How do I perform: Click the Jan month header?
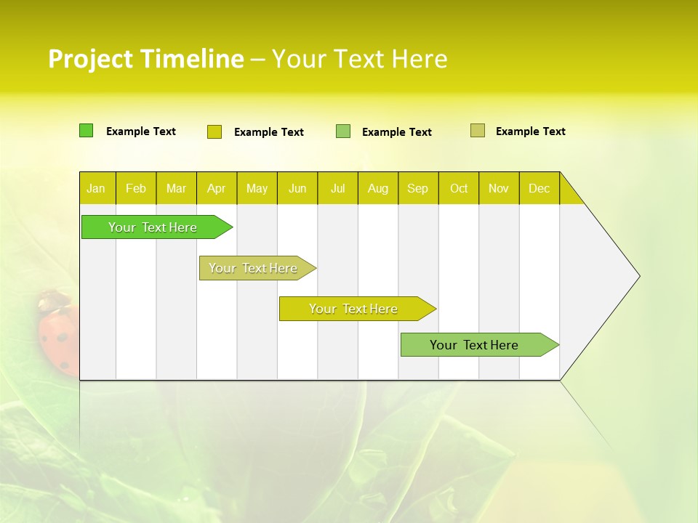pos(97,188)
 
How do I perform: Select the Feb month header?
pos(136,188)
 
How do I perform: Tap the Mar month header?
pos(176,188)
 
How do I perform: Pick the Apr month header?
pos(217,188)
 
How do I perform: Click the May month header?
pos(257,188)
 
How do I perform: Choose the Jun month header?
pos(297,188)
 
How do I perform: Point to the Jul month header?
pos(337,188)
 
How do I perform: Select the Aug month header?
pos(378,188)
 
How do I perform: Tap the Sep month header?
pos(418,188)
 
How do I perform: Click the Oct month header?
pos(459,188)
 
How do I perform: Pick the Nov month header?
pos(499,188)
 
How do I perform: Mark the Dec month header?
pos(539,188)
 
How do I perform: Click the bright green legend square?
pos(87,131)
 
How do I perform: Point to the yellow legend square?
pos(214,131)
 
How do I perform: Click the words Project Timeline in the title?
pos(146,59)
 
